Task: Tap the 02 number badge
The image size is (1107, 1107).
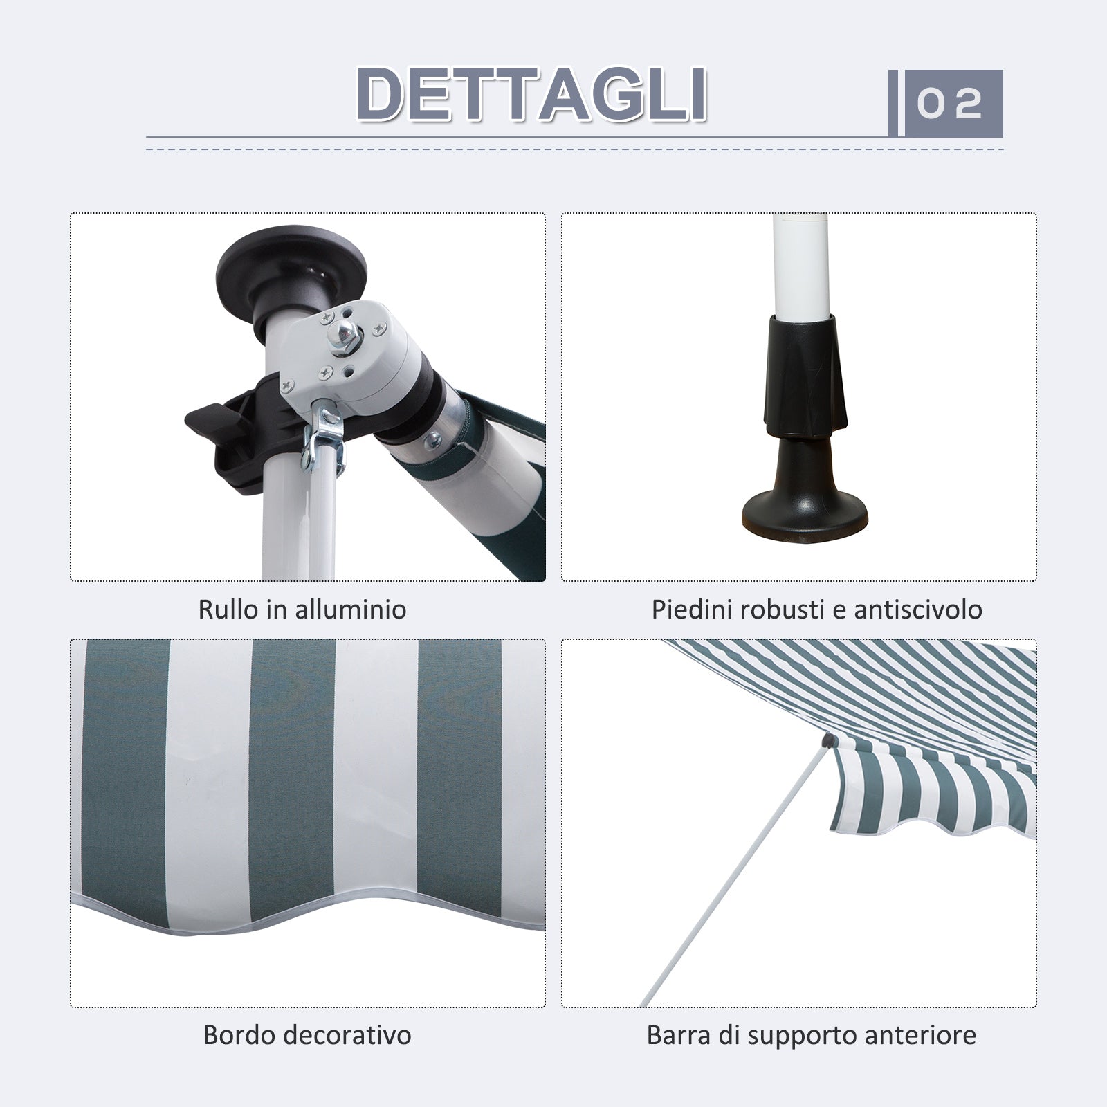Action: pos(950,103)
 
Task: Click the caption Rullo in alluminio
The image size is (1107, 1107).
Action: pos(302,610)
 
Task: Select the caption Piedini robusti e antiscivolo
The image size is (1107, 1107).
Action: pos(817,610)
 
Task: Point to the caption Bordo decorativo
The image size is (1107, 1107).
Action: pos(307,1035)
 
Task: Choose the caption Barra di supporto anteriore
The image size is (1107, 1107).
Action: pos(812,1035)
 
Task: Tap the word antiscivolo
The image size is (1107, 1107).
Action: pos(918,610)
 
